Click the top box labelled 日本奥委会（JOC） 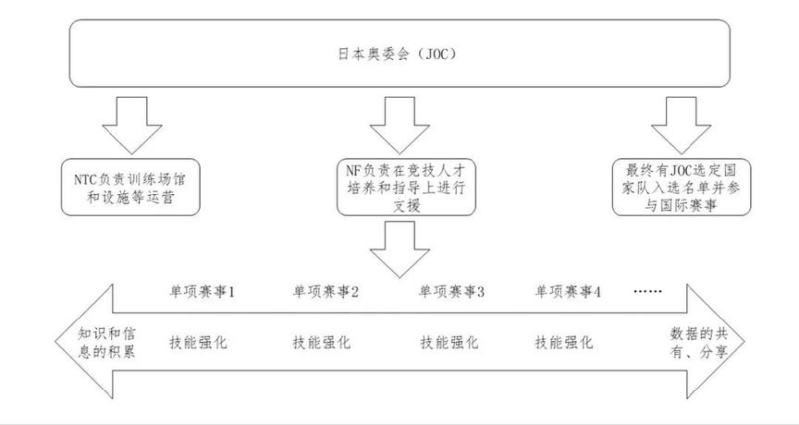[399, 55]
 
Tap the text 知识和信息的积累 [96, 341]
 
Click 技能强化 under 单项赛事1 [198, 342]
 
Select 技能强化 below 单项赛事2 [323, 342]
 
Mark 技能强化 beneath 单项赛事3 [450, 342]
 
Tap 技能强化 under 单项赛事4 [566, 342]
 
